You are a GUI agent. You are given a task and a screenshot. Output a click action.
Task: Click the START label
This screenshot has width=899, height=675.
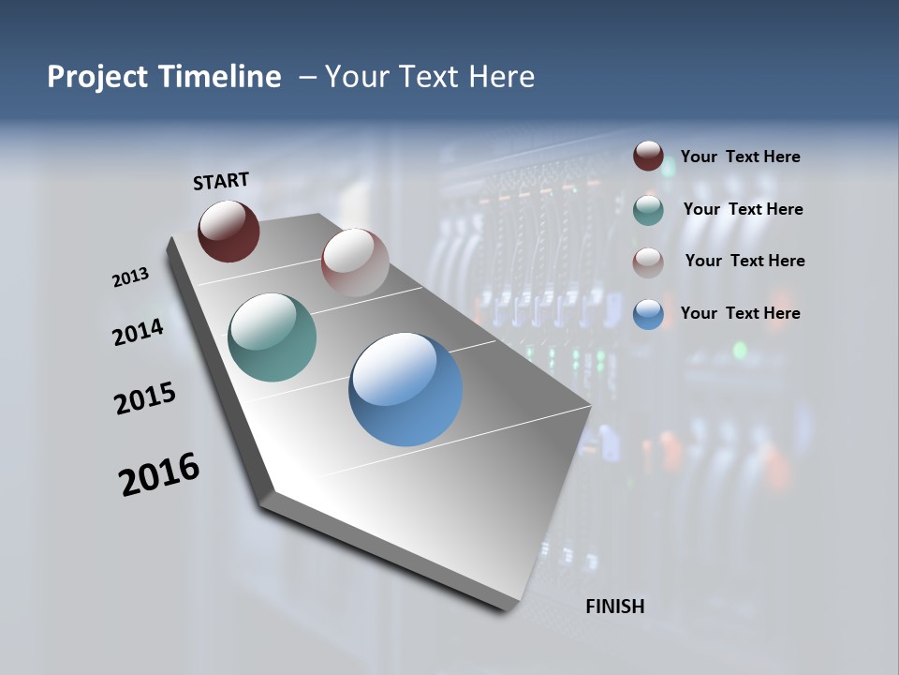tap(221, 180)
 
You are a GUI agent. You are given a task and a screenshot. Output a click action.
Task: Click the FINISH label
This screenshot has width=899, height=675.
tap(614, 607)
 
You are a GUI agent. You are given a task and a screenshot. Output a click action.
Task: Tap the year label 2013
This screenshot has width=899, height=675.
tap(130, 277)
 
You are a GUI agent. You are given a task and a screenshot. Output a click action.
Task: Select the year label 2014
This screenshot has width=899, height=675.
tap(138, 332)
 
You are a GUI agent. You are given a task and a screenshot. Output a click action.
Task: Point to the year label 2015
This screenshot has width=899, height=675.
tap(145, 397)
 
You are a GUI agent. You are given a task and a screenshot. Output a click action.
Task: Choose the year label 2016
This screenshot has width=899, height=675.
tap(159, 473)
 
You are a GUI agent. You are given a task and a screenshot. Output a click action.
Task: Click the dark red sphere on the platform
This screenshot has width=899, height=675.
tap(228, 231)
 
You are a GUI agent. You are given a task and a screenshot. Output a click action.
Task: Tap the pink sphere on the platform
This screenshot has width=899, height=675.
tap(355, 262)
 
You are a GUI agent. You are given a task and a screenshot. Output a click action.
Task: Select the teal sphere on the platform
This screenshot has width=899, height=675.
tap(272, 337)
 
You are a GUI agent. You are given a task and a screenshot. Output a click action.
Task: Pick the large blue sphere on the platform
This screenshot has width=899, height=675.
tap(405, 388)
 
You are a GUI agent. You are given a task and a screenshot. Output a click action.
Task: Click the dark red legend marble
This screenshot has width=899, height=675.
tap(648, 157)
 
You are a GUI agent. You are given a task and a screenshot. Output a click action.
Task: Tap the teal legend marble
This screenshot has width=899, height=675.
tap(648, 209)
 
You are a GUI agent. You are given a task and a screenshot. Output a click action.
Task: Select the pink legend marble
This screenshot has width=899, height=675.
tap(648, 262)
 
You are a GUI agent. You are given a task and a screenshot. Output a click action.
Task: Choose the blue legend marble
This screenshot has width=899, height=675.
tap(648, 313)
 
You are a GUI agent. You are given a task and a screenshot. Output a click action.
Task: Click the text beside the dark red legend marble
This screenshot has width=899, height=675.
tap(740, 157)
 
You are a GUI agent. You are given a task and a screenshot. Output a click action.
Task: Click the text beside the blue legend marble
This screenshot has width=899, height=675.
tap(740, 313)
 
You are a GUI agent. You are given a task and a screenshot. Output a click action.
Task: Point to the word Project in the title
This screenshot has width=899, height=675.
tap(96, 77)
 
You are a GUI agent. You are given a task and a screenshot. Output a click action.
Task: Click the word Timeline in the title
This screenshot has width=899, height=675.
tap(223, 77)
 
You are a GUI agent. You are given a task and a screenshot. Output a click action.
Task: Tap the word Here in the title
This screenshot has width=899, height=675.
tap(501, 77)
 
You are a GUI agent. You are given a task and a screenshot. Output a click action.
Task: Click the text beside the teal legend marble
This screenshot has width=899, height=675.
tap(743, 209)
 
